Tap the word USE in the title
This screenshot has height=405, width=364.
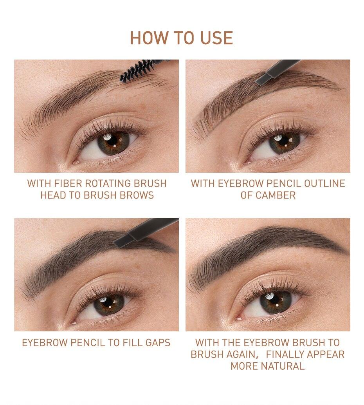[x=216, y=38]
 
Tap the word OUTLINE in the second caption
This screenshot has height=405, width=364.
[x=324, y=183]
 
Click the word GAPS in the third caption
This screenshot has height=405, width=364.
[x=158, y=343]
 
